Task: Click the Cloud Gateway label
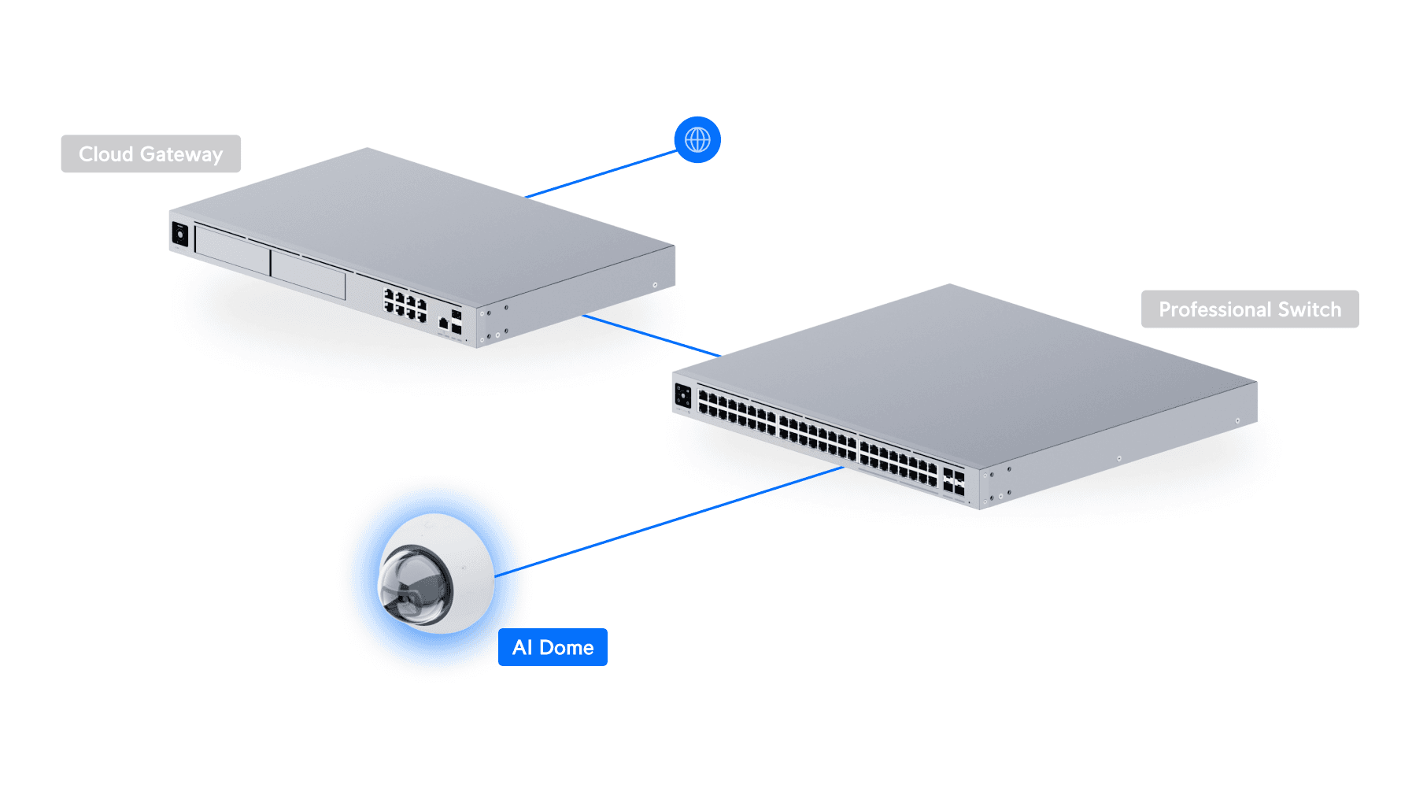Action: coord(150,154)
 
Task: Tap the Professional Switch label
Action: coord(1249,309)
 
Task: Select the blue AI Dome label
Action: coord(553,647)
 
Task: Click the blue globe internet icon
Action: coord(697,140)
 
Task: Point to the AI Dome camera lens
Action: coord(416,584)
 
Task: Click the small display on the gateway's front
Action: coord(180,235)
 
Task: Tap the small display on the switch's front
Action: coord(682,395)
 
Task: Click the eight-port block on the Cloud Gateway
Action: coord(405,305)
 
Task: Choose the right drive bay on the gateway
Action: coord(308,275)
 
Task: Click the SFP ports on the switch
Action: coord(953,482)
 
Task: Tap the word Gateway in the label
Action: coord(181,154)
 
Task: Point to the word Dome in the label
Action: coord(567,647)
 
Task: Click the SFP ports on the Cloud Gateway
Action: coord(456,322)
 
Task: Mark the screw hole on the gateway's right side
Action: coord(655,285)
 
